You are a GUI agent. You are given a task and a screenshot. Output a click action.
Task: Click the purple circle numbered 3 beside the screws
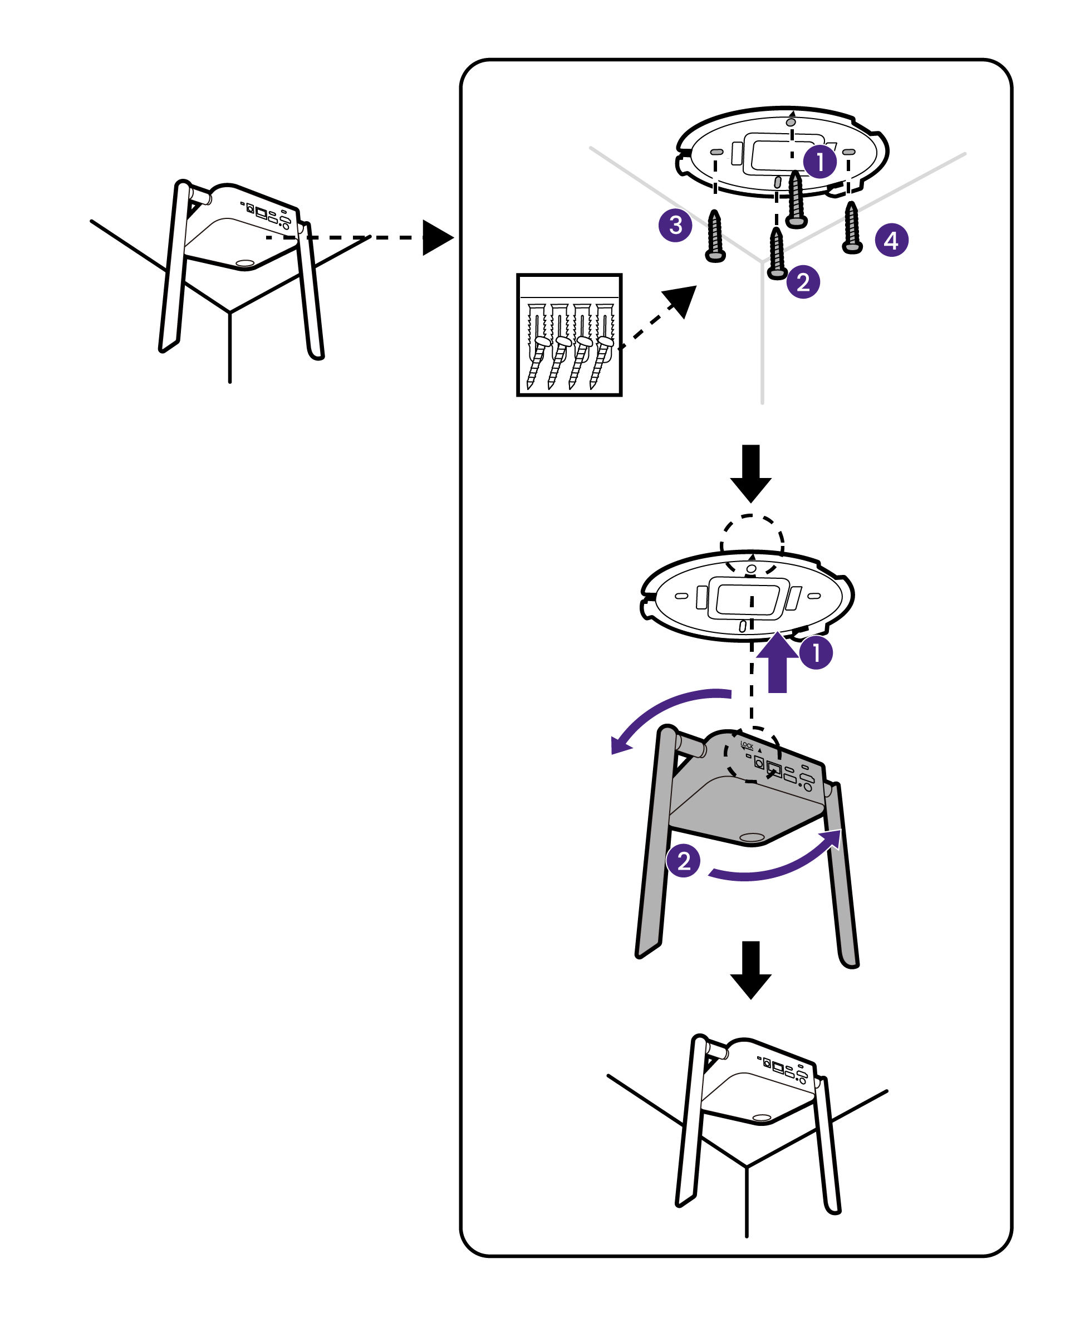(675, 225)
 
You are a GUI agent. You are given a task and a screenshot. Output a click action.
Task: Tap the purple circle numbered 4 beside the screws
(891, 240)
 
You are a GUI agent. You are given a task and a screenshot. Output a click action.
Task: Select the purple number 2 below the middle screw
(803, 282)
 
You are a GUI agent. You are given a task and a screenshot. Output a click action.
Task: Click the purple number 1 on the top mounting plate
(819, 162)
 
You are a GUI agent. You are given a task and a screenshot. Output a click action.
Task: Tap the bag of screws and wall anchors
(569, 335)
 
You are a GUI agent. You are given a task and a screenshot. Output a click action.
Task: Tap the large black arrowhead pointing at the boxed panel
(438, 237)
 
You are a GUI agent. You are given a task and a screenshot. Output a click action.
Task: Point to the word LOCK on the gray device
(747, 745)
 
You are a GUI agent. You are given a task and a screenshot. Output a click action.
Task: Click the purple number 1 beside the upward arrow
(816, 652)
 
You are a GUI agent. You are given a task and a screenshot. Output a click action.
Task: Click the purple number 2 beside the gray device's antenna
(684, 861)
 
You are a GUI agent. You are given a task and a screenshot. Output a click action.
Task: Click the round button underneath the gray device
(752, 838)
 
